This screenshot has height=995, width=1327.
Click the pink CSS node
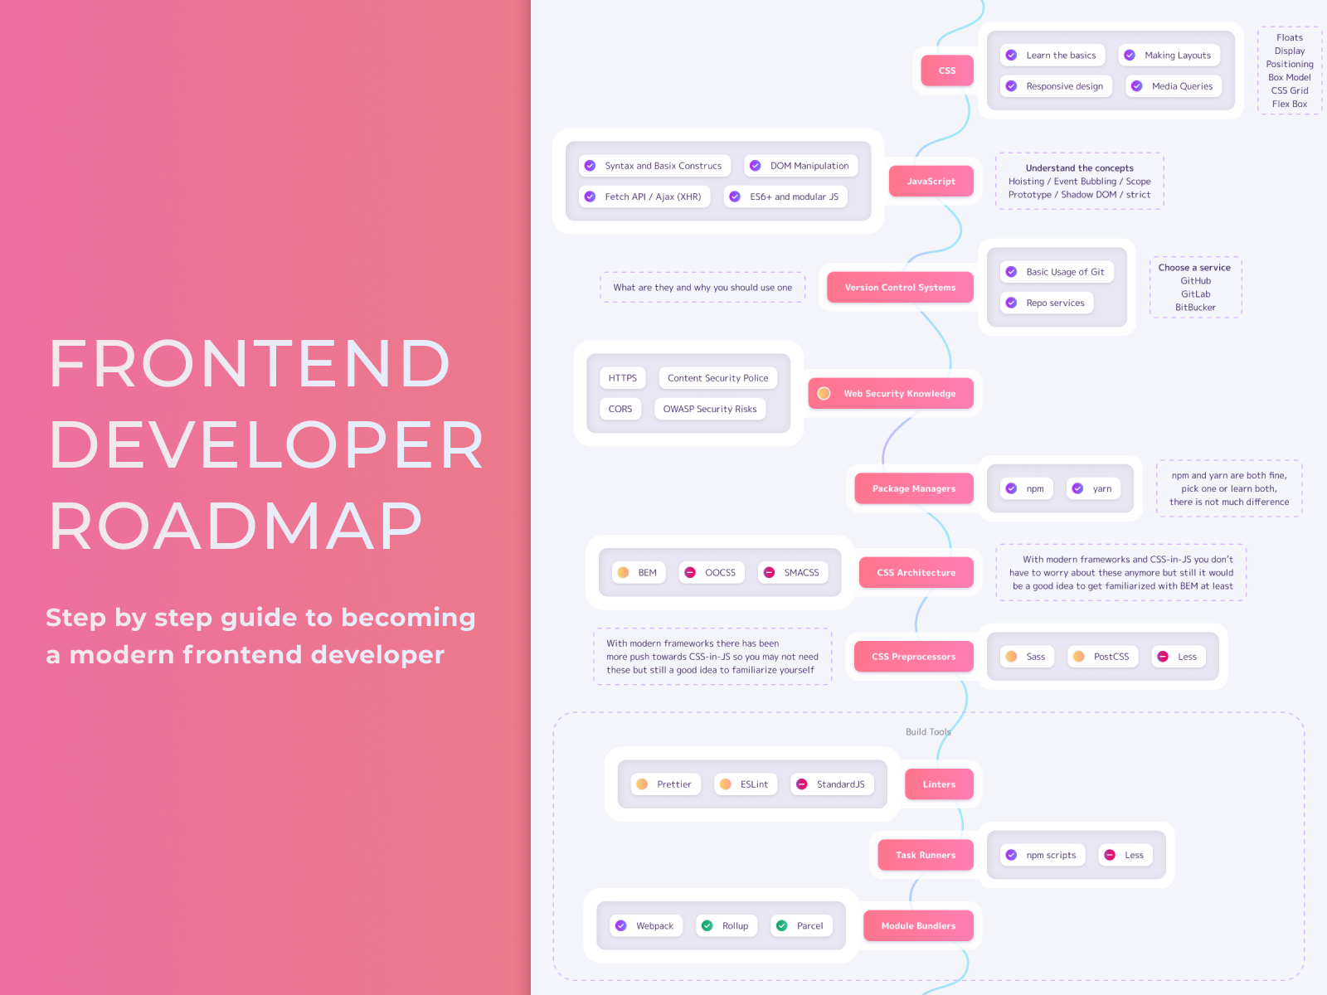point(946,70)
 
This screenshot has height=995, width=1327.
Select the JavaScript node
point(931,182)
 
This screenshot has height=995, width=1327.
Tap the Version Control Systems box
point(900,288)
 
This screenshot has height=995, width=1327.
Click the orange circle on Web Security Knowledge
point(824,394)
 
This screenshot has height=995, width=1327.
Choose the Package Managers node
point(913,489)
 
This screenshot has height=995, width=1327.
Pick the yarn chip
point(1094,489)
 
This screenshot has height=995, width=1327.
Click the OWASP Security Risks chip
point(709,410)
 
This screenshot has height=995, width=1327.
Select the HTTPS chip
point(622,378)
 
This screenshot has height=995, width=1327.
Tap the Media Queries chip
point(1173,86)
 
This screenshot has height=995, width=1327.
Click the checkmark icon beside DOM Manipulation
point(756,166)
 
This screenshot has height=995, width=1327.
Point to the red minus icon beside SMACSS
point(769,573)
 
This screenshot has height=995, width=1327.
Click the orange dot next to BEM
point(623,573)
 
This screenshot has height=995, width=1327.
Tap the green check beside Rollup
point(707,926)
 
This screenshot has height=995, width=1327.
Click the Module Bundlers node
point(917,926)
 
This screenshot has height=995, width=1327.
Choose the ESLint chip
point(746,784)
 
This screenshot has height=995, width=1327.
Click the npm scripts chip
point(1043,856)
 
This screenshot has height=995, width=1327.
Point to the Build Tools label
point(928,732)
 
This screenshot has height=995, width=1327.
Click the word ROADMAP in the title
point(236,527)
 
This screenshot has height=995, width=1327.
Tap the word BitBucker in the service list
point(1195,308)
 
